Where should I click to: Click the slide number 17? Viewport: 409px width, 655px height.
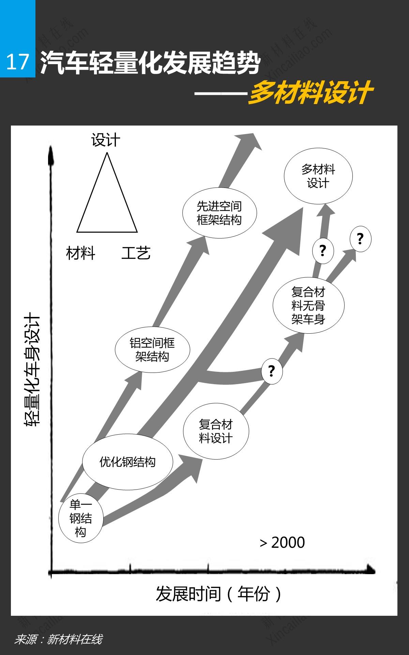pos(17,62)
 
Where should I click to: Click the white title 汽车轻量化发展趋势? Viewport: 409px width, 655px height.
pos(150,63)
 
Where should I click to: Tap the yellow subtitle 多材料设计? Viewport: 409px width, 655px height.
pos(310,92)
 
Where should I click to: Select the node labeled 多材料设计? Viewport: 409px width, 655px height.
pos(318,176)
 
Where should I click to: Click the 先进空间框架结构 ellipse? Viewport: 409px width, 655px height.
pos(219,213)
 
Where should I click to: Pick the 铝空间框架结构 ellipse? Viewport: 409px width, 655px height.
pos(152,350)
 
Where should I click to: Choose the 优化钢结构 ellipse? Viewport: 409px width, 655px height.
pos(127,462)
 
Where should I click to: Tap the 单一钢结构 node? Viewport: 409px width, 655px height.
pos(80,518)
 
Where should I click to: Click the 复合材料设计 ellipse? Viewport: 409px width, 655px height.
pos(216,431)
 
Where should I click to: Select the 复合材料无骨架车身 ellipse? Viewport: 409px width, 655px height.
pos(308,305)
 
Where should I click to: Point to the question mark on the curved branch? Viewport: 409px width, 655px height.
pos(272,371)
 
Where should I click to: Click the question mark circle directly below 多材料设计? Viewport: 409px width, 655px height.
pos(323,251)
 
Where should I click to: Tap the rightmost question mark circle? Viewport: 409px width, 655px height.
pos(360,239)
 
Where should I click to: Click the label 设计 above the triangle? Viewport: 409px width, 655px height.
pos(106,140)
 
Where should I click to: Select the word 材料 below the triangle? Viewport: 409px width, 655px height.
pos(80,253)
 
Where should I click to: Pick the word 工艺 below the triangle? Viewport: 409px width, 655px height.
pos(136,253)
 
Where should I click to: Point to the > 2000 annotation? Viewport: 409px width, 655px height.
pos(282,542)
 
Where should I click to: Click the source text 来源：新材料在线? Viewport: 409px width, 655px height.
pos(58,639)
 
